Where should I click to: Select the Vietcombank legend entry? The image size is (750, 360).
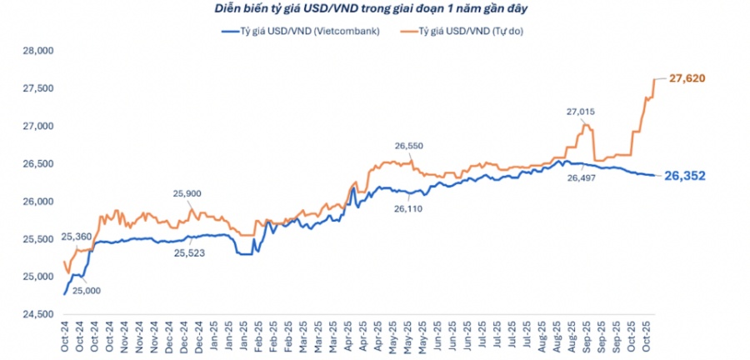click(302, 31)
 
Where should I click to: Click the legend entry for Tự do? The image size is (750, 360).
click(468, 31)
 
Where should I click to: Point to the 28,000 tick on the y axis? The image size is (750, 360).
click(36, 51)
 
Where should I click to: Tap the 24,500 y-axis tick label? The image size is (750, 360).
click(36, 314)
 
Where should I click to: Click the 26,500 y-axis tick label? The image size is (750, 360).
click(36, 164)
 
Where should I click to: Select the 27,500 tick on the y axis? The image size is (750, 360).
click(36, 88)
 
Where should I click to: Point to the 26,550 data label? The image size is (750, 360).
click(410, 146)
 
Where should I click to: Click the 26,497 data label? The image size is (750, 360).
click(582, 177)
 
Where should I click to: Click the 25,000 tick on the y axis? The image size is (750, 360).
click(36, 277)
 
